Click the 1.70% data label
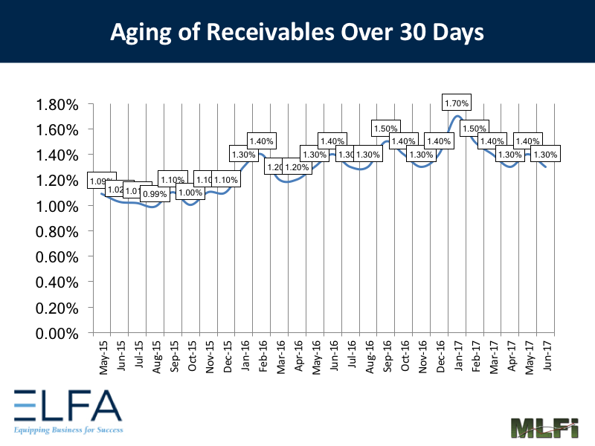click(x=455, y=103)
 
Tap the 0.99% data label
click(x=154, y=195)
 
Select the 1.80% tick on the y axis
click(x=57, y=104)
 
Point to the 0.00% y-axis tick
click(x=57, y=334)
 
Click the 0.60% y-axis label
click(x=57, y=257)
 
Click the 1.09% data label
click(x=100, y=181)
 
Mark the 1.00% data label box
click(x=190, y=193)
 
